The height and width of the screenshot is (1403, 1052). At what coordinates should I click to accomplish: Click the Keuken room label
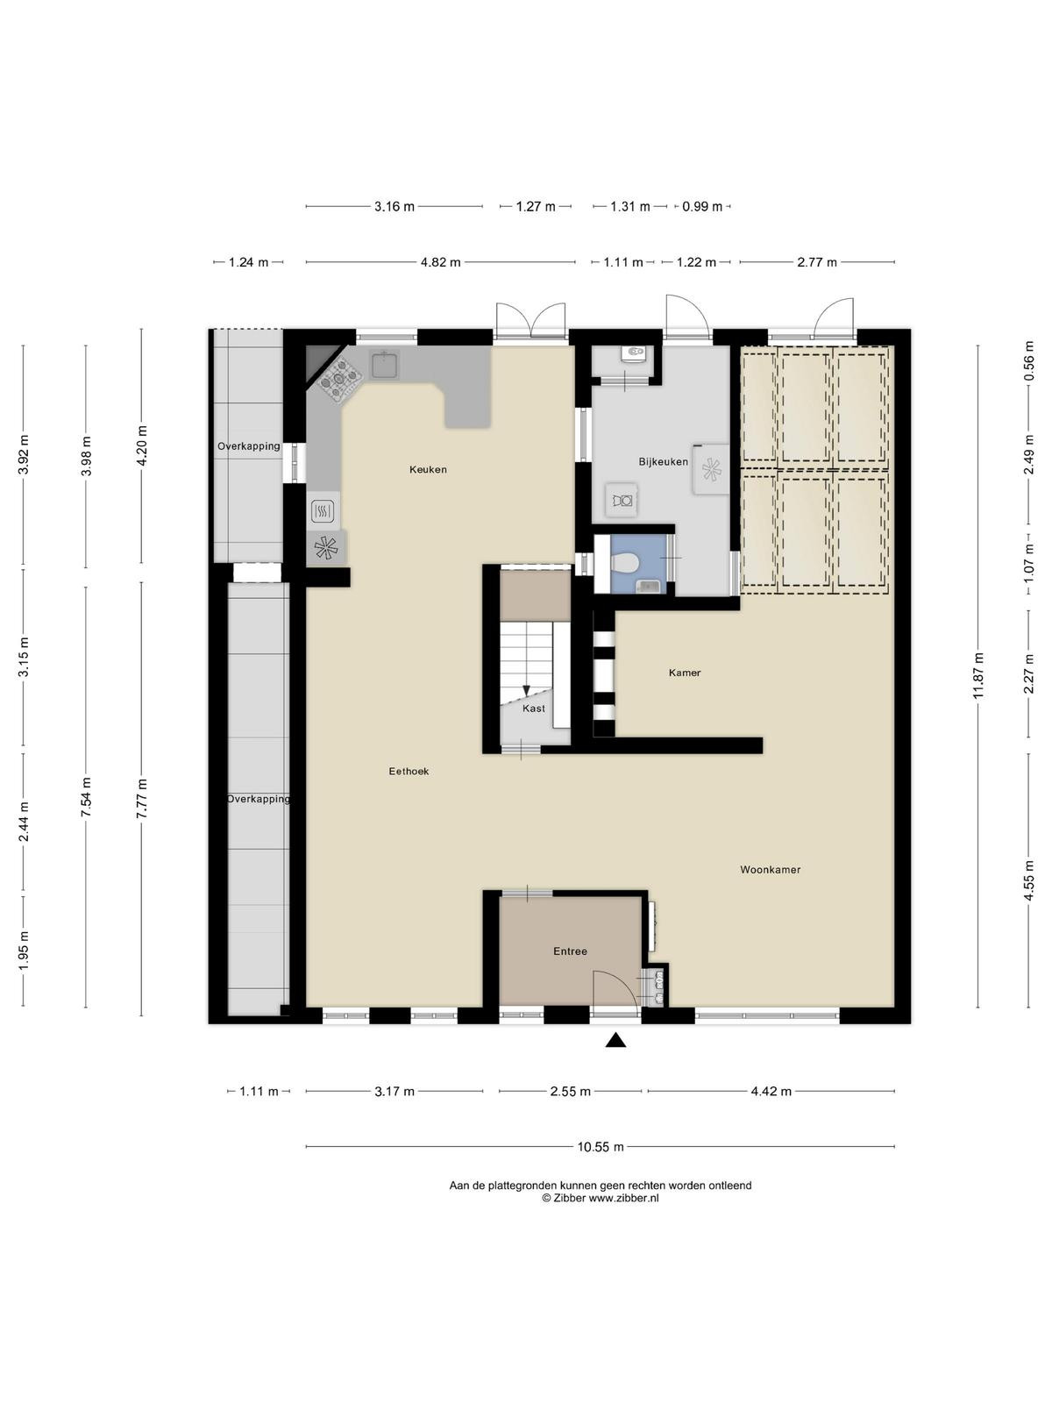428,469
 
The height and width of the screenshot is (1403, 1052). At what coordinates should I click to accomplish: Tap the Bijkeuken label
663,461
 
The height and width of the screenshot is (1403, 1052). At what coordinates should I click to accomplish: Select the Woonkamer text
771,869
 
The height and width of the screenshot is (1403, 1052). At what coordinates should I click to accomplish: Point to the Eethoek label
409,771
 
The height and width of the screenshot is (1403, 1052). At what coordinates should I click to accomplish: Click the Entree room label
571,951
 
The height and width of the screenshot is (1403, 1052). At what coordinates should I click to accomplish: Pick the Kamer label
685,673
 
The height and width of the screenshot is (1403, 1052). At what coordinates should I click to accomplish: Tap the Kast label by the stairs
534,709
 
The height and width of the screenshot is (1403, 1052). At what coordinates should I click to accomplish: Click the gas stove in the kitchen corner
338,379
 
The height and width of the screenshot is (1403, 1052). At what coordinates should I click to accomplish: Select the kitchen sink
385,364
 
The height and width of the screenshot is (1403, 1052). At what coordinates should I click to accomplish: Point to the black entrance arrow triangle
615,1040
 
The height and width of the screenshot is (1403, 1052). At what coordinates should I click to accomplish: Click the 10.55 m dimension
601,1147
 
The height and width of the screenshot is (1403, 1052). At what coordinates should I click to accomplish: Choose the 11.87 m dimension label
977,676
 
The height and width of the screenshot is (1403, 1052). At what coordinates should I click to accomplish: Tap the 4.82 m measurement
441,262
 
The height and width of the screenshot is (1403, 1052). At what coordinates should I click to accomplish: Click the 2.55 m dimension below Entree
571,1091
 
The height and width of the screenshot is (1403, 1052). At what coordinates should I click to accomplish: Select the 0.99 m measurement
702,206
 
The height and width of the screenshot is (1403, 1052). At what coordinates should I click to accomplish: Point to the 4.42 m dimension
771,1091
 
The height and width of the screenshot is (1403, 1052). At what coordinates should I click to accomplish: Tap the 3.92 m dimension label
25,455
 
